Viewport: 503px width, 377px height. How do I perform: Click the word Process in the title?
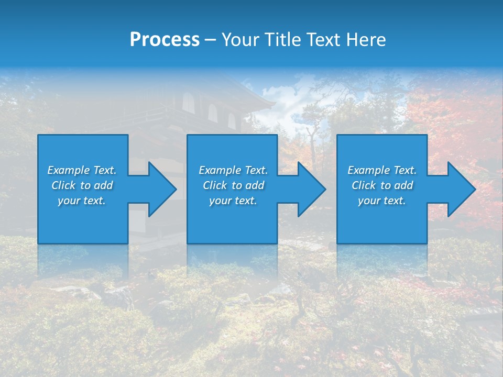tap(165, 40)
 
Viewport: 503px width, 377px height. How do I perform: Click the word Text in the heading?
tap(325, 40)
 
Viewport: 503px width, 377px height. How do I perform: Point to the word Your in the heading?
tap(240, 40)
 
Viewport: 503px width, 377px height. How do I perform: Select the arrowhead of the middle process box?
tap(311, 189)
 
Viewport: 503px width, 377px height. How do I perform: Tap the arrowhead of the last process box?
tap(460, 189)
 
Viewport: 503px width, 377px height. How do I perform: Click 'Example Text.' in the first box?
tap(82, 170)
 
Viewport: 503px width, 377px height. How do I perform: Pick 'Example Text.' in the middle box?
tap(233, 170)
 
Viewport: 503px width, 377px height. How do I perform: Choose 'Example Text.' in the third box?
tap(382, 170)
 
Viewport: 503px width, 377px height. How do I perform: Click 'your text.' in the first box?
tap(82, 201)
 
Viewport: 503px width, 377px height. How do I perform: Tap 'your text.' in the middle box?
tap(233, 201)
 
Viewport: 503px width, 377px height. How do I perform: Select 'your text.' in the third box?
tap(382, 201)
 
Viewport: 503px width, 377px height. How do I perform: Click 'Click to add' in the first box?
tap(82, 185)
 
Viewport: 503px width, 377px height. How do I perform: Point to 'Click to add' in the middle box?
tap(233, 185)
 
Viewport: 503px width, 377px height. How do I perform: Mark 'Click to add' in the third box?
tap(382, 185)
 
